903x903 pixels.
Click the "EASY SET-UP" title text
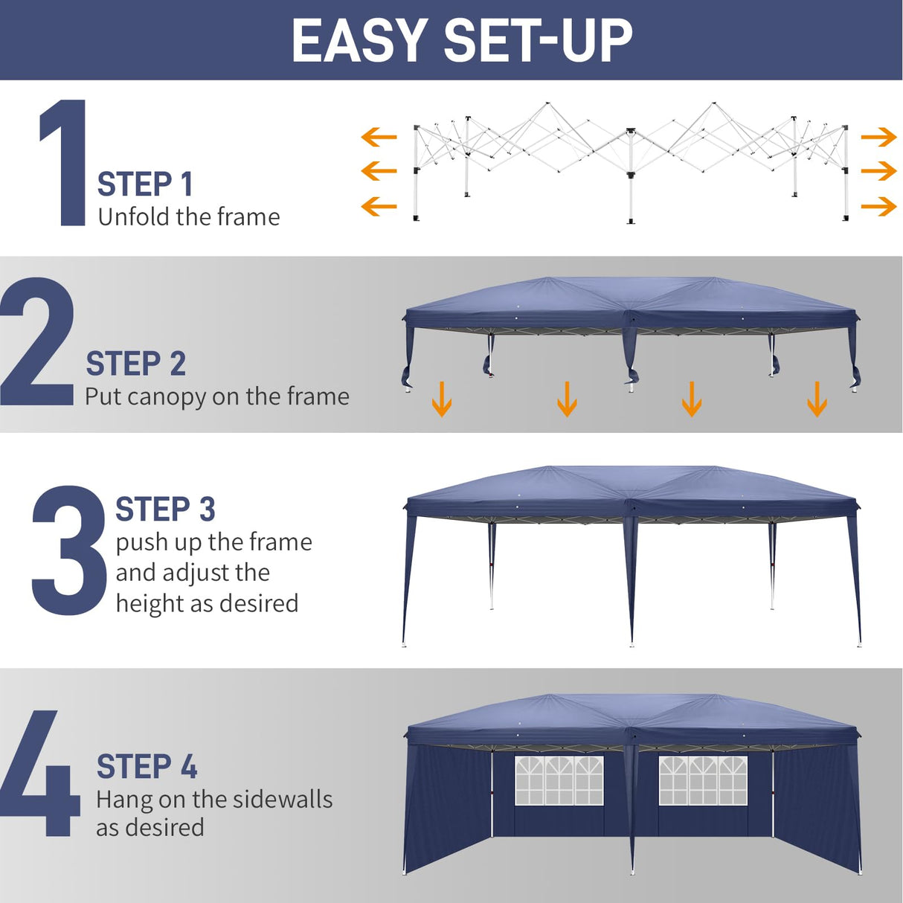tap(461, 40)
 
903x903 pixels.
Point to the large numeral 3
tap(68, 550)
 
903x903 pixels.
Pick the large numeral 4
tap(41, 774)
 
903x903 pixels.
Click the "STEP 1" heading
tap(145, 184)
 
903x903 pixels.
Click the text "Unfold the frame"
tap(189, 217)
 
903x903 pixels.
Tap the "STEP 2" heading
tap(135, 364)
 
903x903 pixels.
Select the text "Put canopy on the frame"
tap(216, 396)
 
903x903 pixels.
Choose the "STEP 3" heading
tap(165, 510)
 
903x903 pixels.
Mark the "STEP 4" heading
tap(147, 767)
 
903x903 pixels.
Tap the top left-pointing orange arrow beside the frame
tap(379, 137)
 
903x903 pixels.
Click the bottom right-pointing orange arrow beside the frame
tap(878, 206)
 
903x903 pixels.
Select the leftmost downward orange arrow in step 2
tap(442, 399)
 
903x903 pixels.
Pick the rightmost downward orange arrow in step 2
tap(817, 399)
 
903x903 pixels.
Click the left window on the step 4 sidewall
tap(559, 781)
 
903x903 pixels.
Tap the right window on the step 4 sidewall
tap(702, 781)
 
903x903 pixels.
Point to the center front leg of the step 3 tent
tap(632, 580)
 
